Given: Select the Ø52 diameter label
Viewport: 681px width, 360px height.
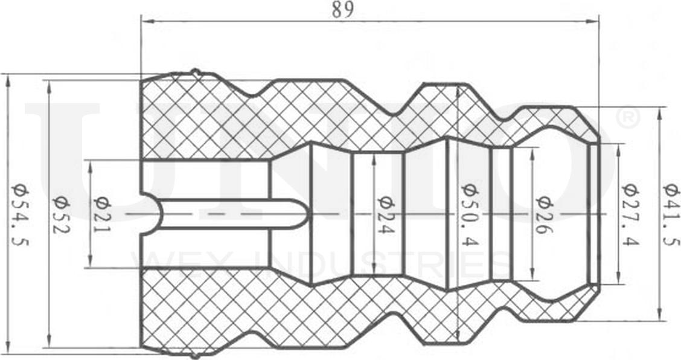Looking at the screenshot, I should pyautogui.click(x=61, y=214).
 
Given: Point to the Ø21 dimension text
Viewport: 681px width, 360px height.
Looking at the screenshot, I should pyautogui.click(x=102, y=215).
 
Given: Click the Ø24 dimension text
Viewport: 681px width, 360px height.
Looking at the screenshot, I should pyautogui.click(x=386, y=215).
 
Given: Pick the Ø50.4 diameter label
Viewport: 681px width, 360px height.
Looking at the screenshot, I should pyautogui.click(x=470, y=215).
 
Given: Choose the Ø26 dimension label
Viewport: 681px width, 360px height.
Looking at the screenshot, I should pyautogui.click(x=544, y=215).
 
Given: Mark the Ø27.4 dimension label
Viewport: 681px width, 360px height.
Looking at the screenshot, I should pyautogui.click(x=631, y=215).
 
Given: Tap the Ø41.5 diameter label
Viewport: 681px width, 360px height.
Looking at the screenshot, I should pyautogui.click(x=670, y=215).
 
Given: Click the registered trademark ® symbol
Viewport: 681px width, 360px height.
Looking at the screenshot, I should pyautogui.click(x=627, y=118).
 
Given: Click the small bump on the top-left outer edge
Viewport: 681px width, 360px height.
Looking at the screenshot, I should pyautogui.click(x=195, y=72).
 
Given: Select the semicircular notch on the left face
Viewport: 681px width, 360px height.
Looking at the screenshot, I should pyautogui.click(x=151, y=214).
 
